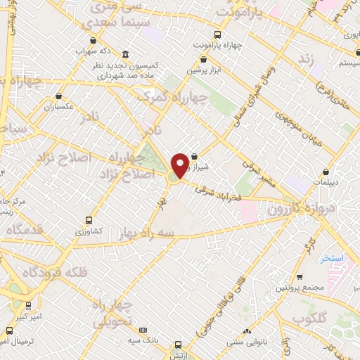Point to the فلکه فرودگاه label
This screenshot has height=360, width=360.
pos(54,272)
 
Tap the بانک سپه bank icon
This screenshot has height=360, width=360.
pos(144,330)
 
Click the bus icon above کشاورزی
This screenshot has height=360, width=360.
pos(89,220)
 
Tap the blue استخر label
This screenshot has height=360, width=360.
pos(331,258)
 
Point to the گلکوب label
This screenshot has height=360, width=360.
pos(310,319)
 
